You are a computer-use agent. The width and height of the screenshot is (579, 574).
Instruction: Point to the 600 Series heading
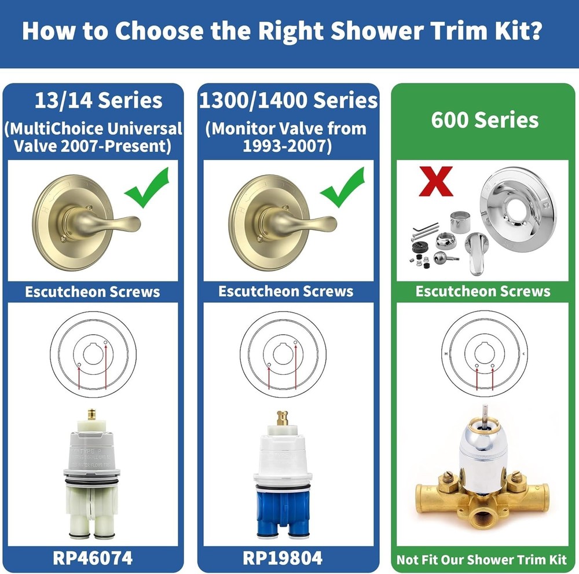(x=485, y=120)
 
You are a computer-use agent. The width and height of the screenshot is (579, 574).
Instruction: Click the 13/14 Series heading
(x=98, y=100)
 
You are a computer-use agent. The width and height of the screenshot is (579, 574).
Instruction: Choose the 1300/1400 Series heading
(x=288, y=100)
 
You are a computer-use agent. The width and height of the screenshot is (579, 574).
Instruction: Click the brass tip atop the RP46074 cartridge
(x=90, y=415)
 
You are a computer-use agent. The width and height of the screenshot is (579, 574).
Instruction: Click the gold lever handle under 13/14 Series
(x=116, y=222)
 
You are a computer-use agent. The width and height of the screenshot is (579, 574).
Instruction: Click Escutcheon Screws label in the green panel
(x=483, y=291)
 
